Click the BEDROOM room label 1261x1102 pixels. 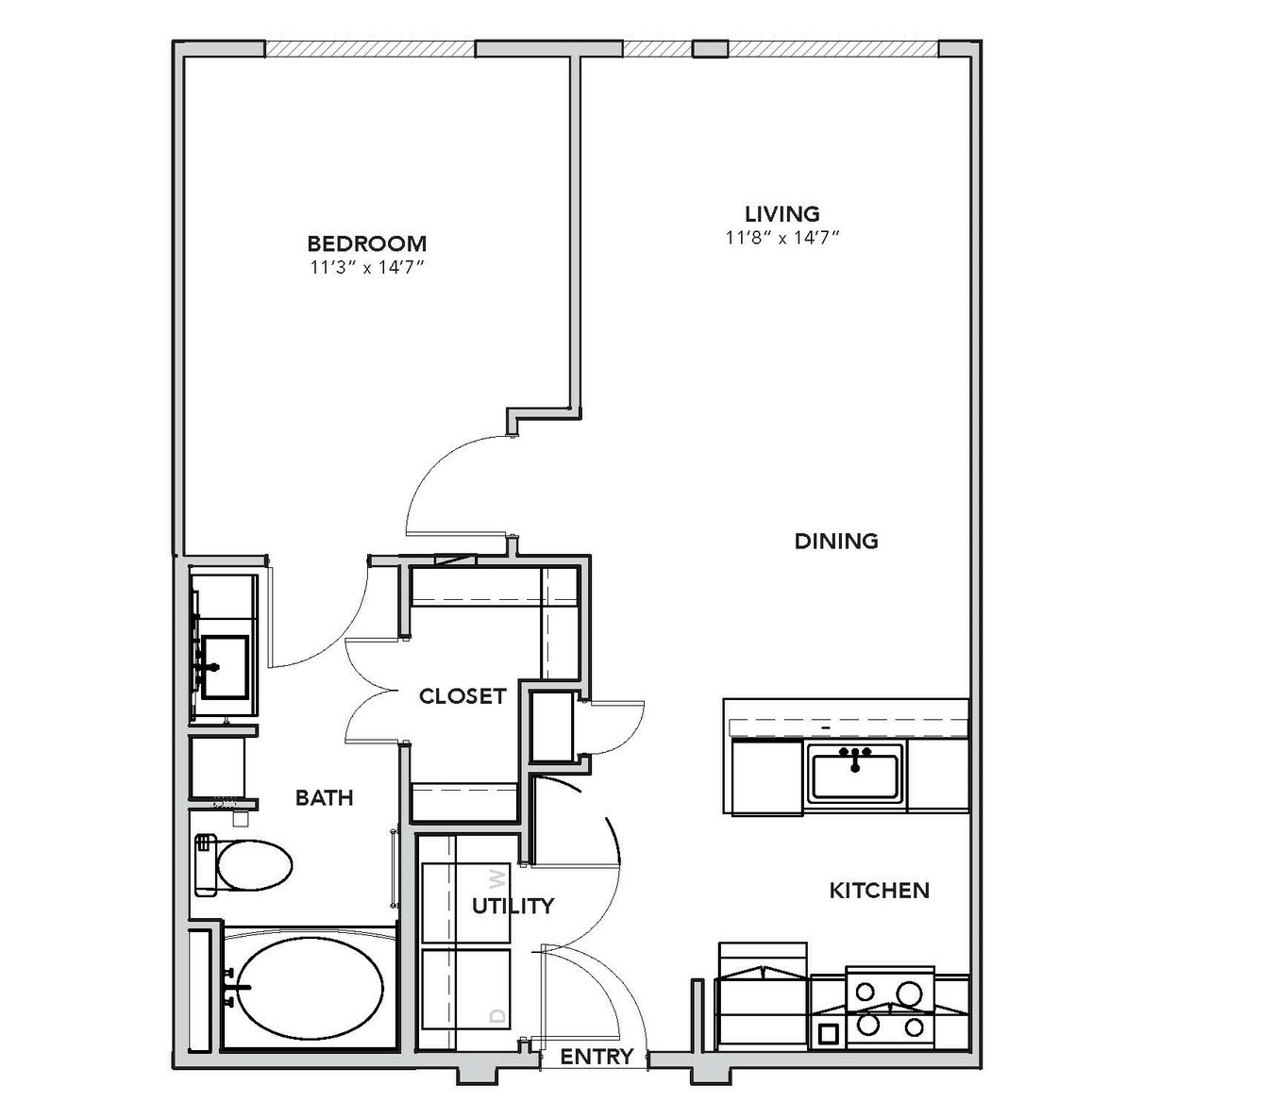367,243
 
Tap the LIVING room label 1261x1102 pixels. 782,214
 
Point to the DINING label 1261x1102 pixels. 836,541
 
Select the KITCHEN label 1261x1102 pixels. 879,890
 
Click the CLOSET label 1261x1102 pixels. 462,696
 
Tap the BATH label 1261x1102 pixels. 324,797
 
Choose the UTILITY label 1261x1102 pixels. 513,906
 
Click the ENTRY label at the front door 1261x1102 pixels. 597,1057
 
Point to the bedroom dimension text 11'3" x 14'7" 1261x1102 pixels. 367,268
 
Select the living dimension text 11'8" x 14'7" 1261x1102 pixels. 782,238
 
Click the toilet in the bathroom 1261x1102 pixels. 244,865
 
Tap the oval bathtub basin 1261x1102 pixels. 310,988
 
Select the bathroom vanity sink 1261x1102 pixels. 225,667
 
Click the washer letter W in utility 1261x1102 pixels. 498,879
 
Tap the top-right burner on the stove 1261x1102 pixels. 908,993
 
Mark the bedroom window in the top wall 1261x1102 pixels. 370,49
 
